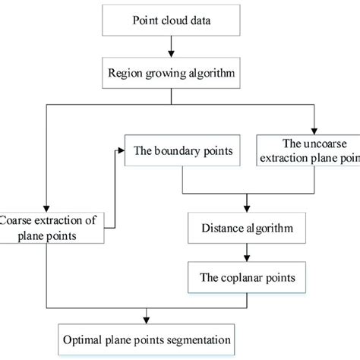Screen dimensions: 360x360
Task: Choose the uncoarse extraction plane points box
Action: tap(308, 150)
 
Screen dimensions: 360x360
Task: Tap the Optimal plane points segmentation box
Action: tap(144, 336)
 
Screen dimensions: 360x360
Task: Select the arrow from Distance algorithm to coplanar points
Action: tap(245, 254)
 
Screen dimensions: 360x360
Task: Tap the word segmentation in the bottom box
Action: tap(191, 336)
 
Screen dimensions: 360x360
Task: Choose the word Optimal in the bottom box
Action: tap(85, 336)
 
